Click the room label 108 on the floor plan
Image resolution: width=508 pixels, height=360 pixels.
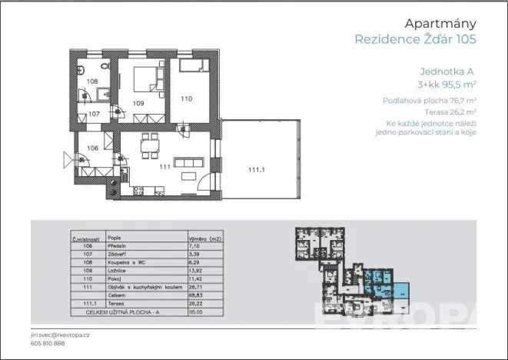[x=91, y=81]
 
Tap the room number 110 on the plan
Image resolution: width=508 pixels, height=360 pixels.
[x=188, y=98]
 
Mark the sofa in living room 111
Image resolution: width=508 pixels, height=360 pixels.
[x=188, y=164]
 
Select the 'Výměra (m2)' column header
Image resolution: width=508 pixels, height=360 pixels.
[x=204, y=238]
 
